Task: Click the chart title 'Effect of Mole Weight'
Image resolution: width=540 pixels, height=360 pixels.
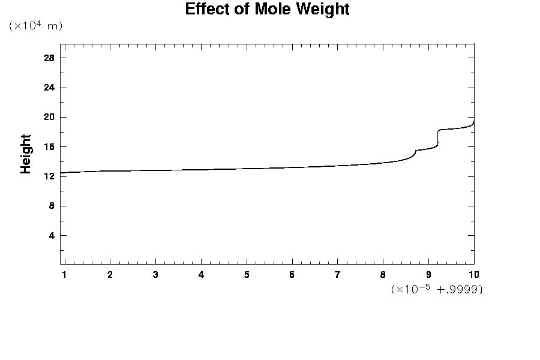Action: (267, 10)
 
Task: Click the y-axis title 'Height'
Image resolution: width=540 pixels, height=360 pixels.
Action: (26, 154)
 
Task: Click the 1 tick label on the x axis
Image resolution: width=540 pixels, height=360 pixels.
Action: (64, 275)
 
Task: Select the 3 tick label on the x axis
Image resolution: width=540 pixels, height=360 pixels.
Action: (155, 275)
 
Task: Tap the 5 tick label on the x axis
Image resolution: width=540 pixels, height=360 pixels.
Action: (247, 275)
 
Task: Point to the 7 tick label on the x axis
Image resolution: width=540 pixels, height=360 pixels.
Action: (337, 275)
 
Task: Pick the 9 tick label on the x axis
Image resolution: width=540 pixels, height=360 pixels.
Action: (428, 275)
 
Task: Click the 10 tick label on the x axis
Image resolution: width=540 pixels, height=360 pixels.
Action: (473, 275)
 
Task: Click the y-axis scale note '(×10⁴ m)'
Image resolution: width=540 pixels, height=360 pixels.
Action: (35, 26)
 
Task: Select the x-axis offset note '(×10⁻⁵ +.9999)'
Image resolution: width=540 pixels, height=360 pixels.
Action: (437, 289)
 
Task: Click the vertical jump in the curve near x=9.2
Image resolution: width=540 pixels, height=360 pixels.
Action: (438, 137)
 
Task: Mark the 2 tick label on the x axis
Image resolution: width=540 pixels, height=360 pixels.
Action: (110, 275)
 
